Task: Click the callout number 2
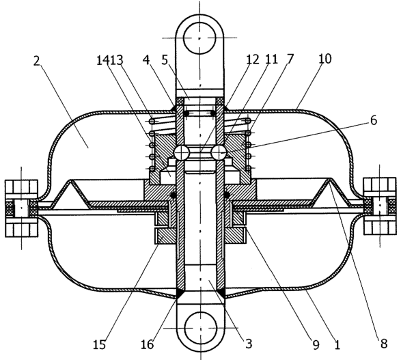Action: coord(37,61)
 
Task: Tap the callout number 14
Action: coord(102,61)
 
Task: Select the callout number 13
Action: coord(117,61)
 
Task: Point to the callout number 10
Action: coord(325,59)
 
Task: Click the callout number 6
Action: coord(374,120)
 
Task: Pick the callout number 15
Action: coord(100,344)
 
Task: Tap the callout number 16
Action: coord(148,344)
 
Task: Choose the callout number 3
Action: coord(249,344)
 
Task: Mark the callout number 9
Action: coord(316,345)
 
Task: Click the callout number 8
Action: coord(384,344)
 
